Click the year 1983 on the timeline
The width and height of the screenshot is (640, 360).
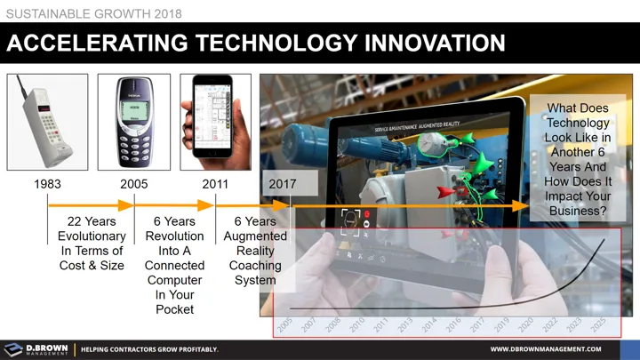(x=48, y=184)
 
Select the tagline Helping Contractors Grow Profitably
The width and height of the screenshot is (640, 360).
(x=149, y=349)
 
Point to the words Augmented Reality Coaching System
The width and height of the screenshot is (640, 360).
(x=255, y=251)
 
